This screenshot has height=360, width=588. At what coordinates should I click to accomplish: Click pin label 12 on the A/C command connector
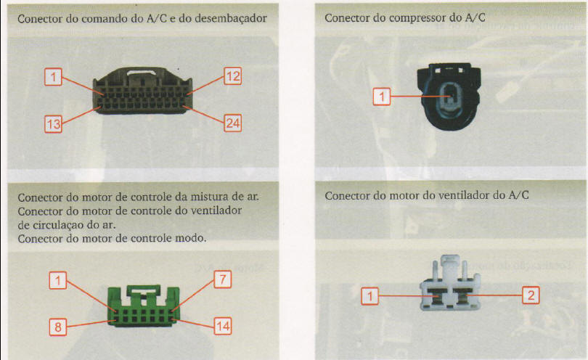click(x=232, y=76)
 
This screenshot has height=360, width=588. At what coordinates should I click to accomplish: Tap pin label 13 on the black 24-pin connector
click(x=53, y=124)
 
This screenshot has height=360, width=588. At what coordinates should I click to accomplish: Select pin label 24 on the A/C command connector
click(x=232, y=123)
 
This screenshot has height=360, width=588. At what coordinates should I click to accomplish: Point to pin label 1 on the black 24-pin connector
click(x=53, y=76)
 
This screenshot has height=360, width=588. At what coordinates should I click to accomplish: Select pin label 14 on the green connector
click(x=222, y=327)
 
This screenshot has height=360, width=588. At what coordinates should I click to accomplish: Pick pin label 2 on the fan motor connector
click(x=531, y=295)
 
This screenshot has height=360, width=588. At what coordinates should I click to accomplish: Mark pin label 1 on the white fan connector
click(x=371, y=295)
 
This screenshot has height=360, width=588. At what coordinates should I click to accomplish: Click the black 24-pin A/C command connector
click(x=142, y=98)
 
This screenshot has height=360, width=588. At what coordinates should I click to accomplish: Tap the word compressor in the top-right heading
click(x=411, y=17)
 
